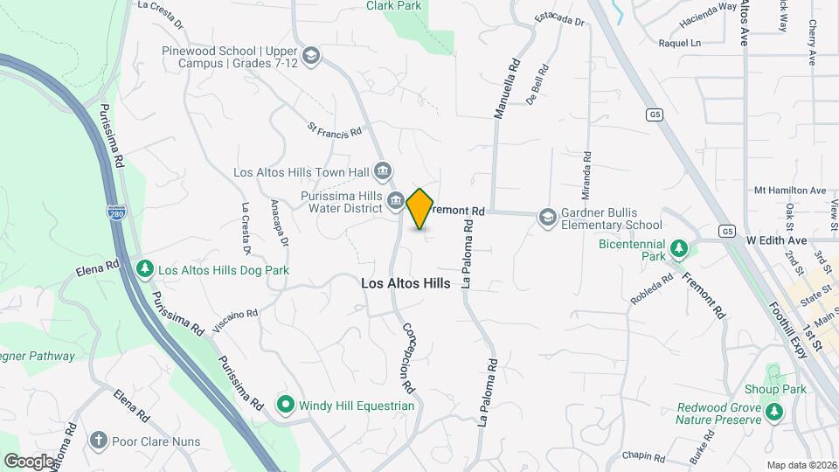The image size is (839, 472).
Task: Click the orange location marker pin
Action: tap(420, 209)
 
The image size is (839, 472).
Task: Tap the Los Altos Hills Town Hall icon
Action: tap(382, 170)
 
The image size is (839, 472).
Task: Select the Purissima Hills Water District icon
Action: tap(395, 202)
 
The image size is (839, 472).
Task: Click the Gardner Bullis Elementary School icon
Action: tap(547, 217)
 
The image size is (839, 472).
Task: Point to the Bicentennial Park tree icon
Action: tap(678, 251)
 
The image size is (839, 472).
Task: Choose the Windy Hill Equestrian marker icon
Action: tap(285, 405)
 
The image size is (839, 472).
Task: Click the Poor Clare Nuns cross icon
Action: tap(99, 440)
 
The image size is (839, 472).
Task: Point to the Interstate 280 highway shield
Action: tap(114, 212)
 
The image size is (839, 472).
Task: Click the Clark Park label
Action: tap(393, 6)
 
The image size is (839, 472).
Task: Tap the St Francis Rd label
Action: tap(334, 130)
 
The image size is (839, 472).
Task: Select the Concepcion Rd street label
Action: tap(408, 357)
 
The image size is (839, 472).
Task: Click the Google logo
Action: tap(29, 461)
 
